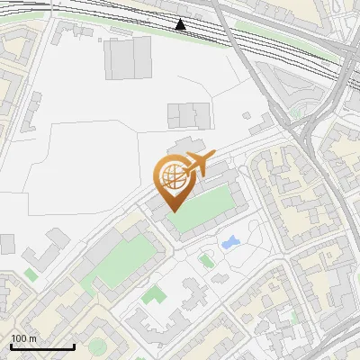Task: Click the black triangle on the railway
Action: click(182, 24)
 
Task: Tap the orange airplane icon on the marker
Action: click(198, 165)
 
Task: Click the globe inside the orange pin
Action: click(171, 175)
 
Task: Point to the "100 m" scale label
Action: click(24, 338)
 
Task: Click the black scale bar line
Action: click(41, 346)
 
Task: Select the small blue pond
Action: click(230, 242)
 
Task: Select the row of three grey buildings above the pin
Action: click(188, 114)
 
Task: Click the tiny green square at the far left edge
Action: click(31, 274)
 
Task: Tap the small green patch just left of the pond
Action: click(207, 261)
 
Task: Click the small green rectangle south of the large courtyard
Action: click(154, 295)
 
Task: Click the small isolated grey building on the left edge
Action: click(7, 244)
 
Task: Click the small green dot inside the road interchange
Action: click(294, 113)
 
